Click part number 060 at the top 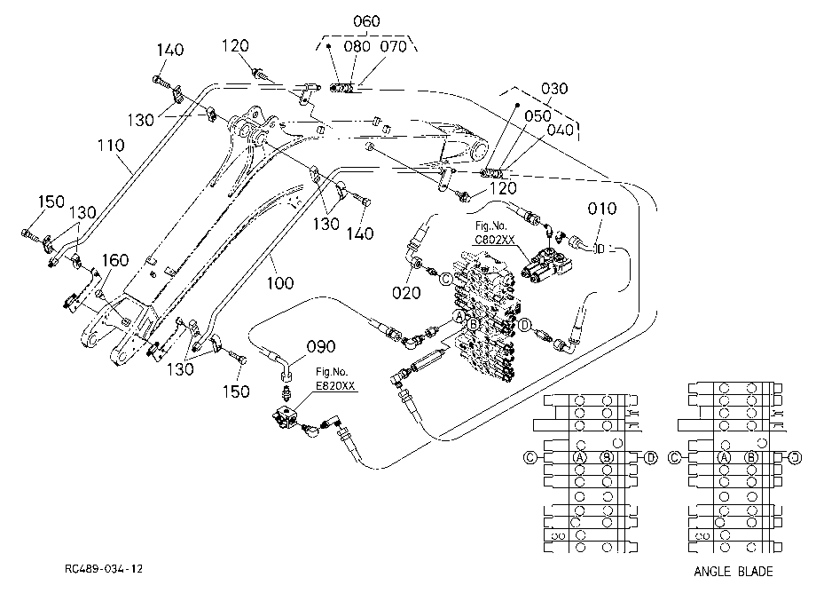point(366,21)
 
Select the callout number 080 point(357,46)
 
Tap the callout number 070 point(393,46)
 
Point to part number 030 point(554,89)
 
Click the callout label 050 point(537,115)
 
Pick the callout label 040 point(561,130)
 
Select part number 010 point(602,209)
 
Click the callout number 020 point(406,293)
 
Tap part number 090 point(321,347)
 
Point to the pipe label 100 point(280,283)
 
